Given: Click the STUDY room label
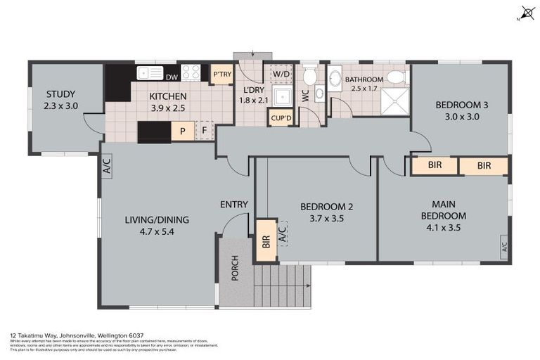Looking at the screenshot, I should (61, 94).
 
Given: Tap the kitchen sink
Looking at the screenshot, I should (150, 72).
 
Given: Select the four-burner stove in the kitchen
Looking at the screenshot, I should (191, 72).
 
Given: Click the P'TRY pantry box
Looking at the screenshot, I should (221, 75).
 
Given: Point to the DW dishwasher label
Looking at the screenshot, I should (172, 77).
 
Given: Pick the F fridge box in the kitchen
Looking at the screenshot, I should (204, 131).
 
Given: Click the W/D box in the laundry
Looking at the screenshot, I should (281, 74).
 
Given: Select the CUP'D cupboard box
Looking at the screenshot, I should (281, 118).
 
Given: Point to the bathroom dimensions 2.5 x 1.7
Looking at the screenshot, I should (364, 89).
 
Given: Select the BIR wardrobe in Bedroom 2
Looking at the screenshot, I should (266, 240).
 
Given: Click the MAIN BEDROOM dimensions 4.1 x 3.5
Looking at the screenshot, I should (443, 227).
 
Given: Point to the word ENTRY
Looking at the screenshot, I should (234, 205).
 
